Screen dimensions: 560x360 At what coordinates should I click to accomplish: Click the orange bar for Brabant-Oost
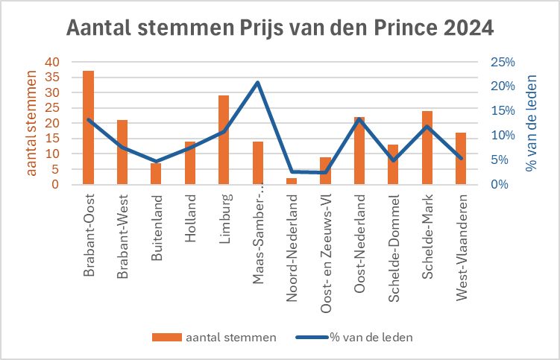click(x=88, y=127)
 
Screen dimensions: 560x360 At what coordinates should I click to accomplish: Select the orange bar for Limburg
click(x=224, y=140)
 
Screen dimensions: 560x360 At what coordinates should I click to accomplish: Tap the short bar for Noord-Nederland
click(x=292, y=181)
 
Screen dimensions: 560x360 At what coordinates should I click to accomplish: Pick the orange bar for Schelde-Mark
click(x=427, y=148)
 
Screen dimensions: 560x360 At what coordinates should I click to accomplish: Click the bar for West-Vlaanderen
click(x=461, y=158)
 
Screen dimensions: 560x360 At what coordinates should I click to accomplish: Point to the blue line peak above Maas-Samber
click(x=257, y=83)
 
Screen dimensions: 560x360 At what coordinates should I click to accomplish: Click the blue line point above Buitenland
click(x=156, y=162)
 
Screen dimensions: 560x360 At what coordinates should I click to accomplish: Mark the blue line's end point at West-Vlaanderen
click(x=461, y=158)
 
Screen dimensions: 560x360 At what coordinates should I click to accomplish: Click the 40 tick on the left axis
click(x=52, y=62)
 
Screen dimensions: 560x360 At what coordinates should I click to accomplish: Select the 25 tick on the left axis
click(x=52, y=108)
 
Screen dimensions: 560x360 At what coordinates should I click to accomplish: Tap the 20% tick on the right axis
click(x=503, y=86)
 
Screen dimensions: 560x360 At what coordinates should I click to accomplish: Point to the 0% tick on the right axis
click(x=500, y=184)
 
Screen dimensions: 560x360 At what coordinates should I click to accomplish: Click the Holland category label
click(x=190, y=218)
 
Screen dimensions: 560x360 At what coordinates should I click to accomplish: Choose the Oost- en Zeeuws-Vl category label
click(x=326, y=253)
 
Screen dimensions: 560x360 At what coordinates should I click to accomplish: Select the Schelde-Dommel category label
click(x=394, y=248)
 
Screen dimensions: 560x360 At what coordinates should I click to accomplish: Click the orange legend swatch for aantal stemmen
click(x=167, y=337)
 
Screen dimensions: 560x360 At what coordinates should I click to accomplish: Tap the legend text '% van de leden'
click(x=371, y=337)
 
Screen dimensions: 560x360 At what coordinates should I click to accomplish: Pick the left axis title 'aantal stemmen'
click(x=31, y=123)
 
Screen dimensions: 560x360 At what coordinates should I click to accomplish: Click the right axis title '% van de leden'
click(x=531, y=123)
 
